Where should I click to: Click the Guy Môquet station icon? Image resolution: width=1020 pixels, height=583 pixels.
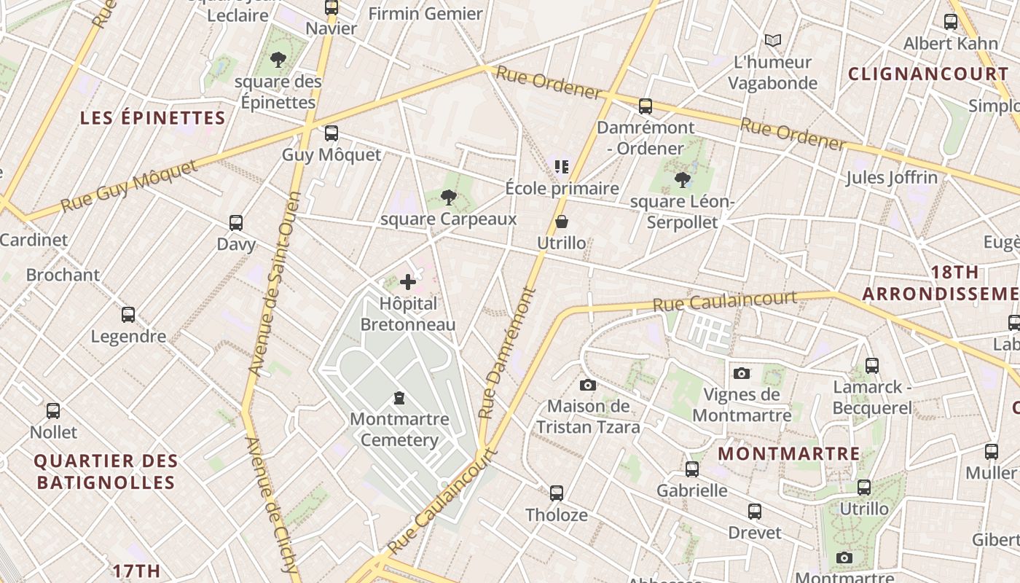tap(331, 133)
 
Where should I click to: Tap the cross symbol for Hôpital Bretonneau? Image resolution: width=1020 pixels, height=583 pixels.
tap(408, 282)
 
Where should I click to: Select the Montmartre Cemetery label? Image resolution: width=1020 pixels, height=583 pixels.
tap(399, 430)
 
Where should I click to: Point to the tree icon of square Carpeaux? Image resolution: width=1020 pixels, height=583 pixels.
tap(449, 197)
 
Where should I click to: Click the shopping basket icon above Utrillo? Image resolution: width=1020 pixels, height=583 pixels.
tap(562, 222)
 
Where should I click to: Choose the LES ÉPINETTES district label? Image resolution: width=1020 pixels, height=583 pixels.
tap(152, 118)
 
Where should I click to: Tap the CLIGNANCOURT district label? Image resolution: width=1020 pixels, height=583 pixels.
tap(928, 74)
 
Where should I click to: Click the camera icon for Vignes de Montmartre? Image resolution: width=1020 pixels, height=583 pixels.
tap(742, 373)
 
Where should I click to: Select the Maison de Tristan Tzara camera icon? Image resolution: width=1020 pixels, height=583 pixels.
tap(588, 385)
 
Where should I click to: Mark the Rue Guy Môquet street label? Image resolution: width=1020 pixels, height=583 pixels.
tap(129, 187)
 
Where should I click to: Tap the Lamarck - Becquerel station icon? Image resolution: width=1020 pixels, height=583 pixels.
tap(872, 366)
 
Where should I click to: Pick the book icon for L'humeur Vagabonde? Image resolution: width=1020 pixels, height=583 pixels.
tap(773, 40)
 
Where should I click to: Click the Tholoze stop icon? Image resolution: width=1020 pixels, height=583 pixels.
tap(557, 493)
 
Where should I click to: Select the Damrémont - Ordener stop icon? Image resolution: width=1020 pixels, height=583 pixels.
tap(646, 106)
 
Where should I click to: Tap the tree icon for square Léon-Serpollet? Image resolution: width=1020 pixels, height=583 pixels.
tap(683, 179)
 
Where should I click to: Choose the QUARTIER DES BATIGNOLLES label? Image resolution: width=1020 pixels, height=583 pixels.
tap(106, 472)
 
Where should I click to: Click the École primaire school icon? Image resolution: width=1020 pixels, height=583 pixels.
tap(561, 167)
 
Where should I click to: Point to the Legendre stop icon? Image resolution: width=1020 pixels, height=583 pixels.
tap(128, 315)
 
